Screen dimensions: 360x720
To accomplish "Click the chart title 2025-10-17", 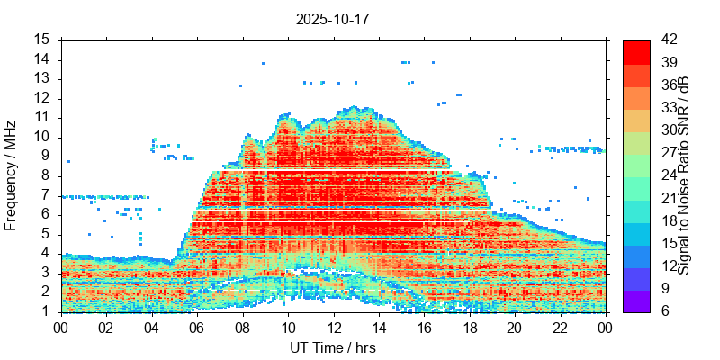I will (332, 18).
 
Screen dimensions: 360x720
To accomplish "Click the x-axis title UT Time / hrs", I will (332, 347).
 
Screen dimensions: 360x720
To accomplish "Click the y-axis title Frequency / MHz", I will (11, 175).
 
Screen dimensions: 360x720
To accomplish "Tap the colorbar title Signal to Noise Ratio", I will (684, 175).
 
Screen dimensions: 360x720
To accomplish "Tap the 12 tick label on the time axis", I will (332, 328).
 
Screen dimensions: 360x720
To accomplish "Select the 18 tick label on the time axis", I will (468, 328).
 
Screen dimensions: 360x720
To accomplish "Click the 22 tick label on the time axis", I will (559, 328).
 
